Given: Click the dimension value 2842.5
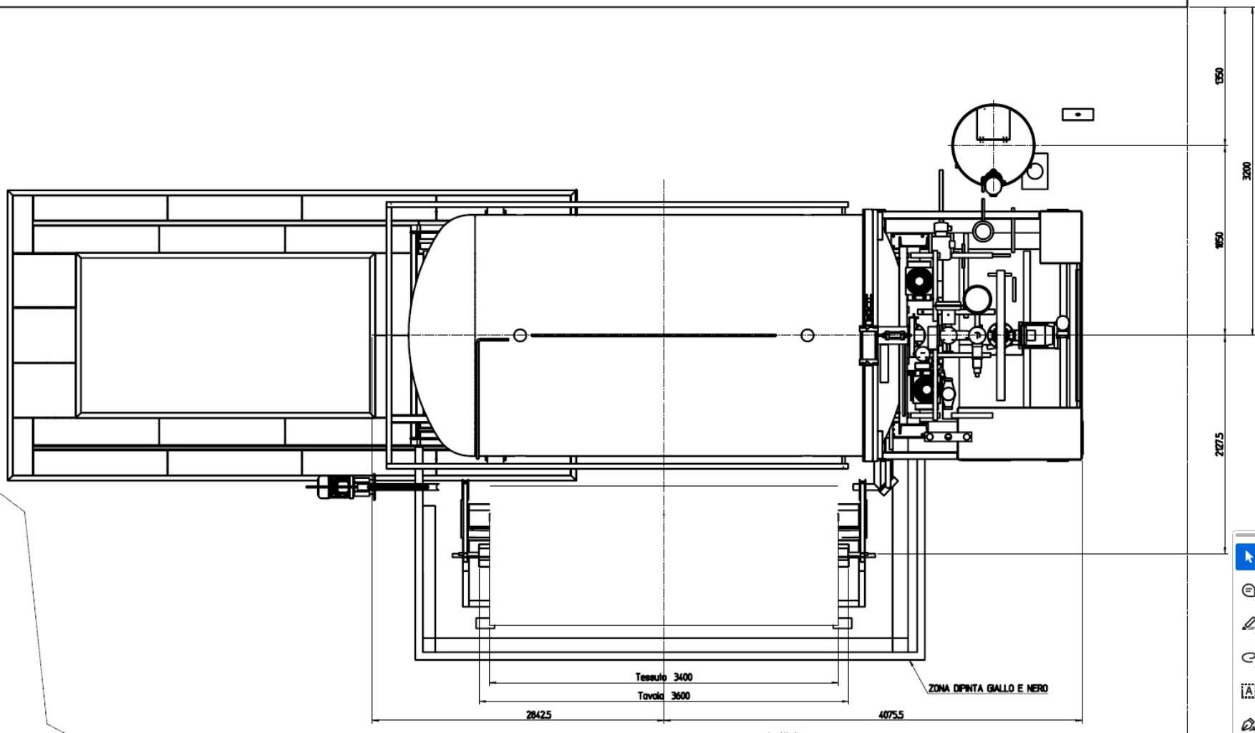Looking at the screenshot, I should (x=538, y=714).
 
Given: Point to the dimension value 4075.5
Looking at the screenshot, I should (x=891, y=714).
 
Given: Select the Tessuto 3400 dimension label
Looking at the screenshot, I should (x=664, y=676).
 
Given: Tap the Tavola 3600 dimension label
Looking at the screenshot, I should (x=664, y=696).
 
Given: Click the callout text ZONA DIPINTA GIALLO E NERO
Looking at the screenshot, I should (x=987, y=689).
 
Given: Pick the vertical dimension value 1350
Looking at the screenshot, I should (x=1219, y=75).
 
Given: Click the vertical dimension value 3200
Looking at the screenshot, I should (x=1246, y=170).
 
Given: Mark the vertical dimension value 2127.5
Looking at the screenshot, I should (x=1219, y=444).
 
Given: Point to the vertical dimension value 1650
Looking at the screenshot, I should (x=1219, y=240).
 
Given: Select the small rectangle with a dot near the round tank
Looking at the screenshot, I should (x=1077, y=115).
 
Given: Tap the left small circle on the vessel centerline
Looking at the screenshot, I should (x=520, y=335).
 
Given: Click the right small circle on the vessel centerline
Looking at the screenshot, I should (x=807, y=335).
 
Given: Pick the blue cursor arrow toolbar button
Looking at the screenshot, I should (x=1246, y=557).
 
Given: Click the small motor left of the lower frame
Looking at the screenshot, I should (x=336, y=487).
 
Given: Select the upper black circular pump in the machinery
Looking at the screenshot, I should (x=919, y=281).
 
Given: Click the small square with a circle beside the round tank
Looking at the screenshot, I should (x=1034, y=171).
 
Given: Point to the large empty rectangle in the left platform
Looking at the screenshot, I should (x=226, y=335).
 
